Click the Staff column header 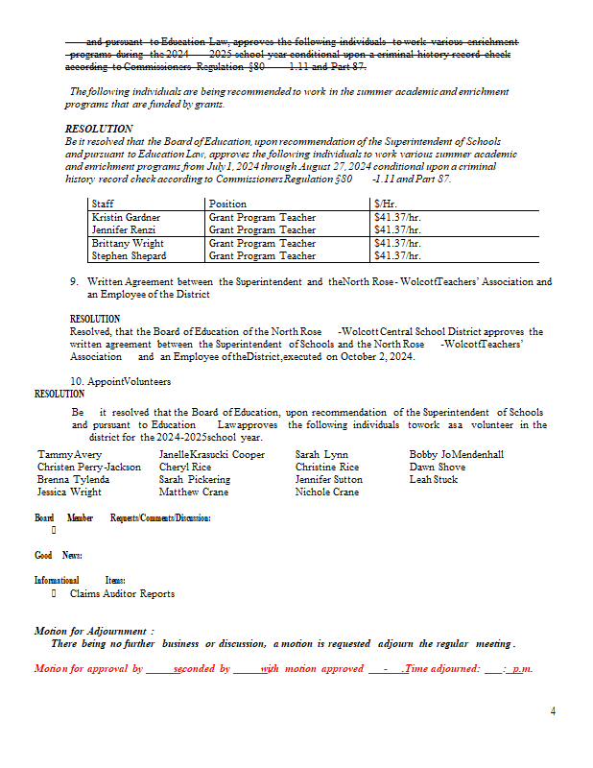(x=103, y=204)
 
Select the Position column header (x=227, y=204)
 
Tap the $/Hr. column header (x=385, y=204)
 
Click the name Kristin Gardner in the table (x=126, y=218)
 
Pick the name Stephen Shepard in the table (x=129, y=256)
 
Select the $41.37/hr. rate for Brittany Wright (x=397, y=244)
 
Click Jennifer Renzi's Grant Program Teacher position (x=262, y=230)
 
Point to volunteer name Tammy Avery (x=69, y=454)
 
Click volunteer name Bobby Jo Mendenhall (x=456, y=454)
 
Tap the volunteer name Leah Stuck (x=434, y=479)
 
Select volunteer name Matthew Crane (x=192, y=492)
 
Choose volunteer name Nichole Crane (x=327, y=492)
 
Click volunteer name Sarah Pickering (x=195, y=479)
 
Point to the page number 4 (x=553, y=711)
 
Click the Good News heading (x=58, y=556)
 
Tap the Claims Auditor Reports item (x=122, y=593)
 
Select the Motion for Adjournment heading (x=94, y=631)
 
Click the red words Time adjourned (x=442, y=668)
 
